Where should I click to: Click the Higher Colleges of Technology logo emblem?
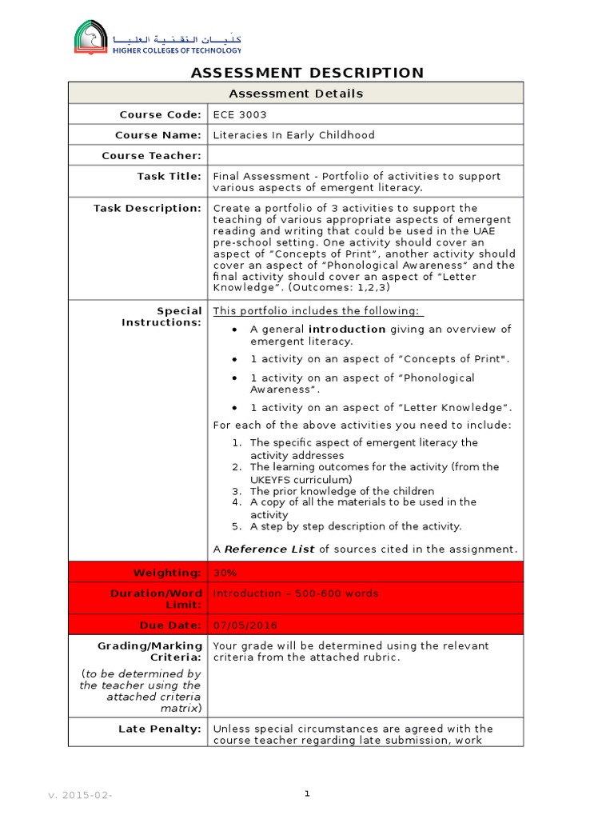(x=90, y=37)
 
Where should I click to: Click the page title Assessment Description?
(x=307, y=73)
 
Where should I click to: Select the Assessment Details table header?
(x=296, y=94)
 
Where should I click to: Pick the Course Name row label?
(x=158, y=135)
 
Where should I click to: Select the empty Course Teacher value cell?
(x=365, y=155)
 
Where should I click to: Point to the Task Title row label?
(x=169, y=176)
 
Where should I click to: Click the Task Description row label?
(x=148, y=208)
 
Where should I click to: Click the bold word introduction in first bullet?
(x=347, y=329)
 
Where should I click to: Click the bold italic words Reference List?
(x=269, y=549)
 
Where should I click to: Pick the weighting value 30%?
(x=225, y=573)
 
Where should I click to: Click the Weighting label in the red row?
(x=167, y=573)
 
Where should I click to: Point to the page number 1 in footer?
(x=307, y=793)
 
